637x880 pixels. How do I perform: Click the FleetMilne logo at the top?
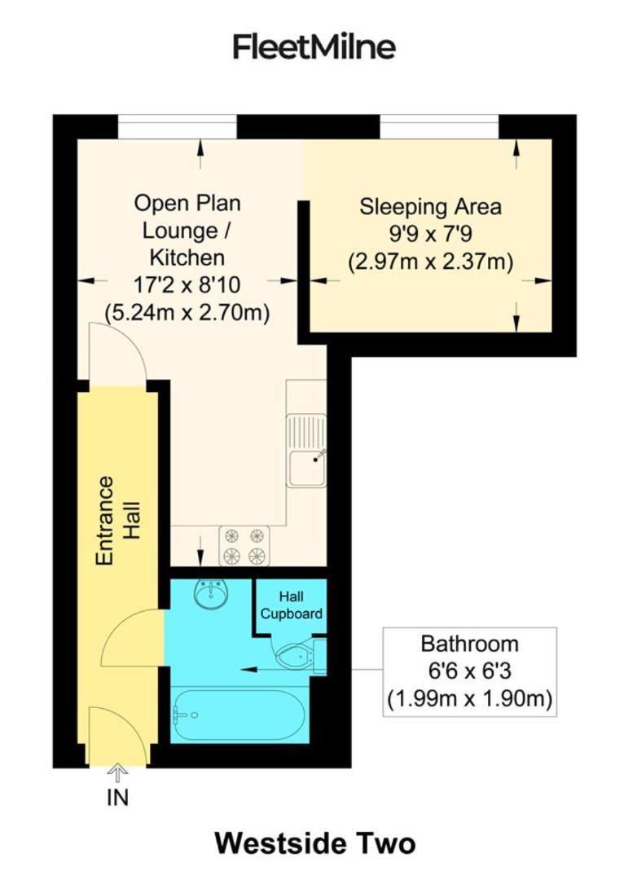coord(314,46)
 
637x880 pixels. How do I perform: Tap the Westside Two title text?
coord(314,843)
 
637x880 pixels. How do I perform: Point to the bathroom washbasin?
coord(212,593)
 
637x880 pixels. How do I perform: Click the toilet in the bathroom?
coord(295,654)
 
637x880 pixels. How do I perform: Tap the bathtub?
coord(239,715)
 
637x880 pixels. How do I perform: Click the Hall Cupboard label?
coord(290,606)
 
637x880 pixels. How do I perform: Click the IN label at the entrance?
coord(118,798)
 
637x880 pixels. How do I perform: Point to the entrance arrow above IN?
coord(118,772)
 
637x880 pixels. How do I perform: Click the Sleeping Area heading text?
coord(431,206)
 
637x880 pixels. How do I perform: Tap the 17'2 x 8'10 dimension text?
coord(187,285)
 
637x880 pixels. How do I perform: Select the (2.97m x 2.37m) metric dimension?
coord(431,262)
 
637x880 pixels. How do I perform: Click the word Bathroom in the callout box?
coord(469,644)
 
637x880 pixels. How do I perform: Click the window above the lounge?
coord(178,127)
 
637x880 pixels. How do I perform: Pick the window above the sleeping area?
coord(439,127)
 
